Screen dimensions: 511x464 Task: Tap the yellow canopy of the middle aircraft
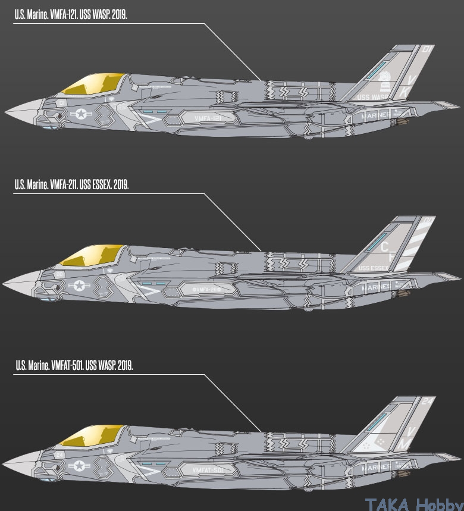(93, 256)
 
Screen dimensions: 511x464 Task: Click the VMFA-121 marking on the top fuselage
(208, 119)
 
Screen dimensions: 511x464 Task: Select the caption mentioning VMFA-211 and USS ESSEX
(71, 185)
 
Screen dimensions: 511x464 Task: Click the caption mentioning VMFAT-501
(74, 364)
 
